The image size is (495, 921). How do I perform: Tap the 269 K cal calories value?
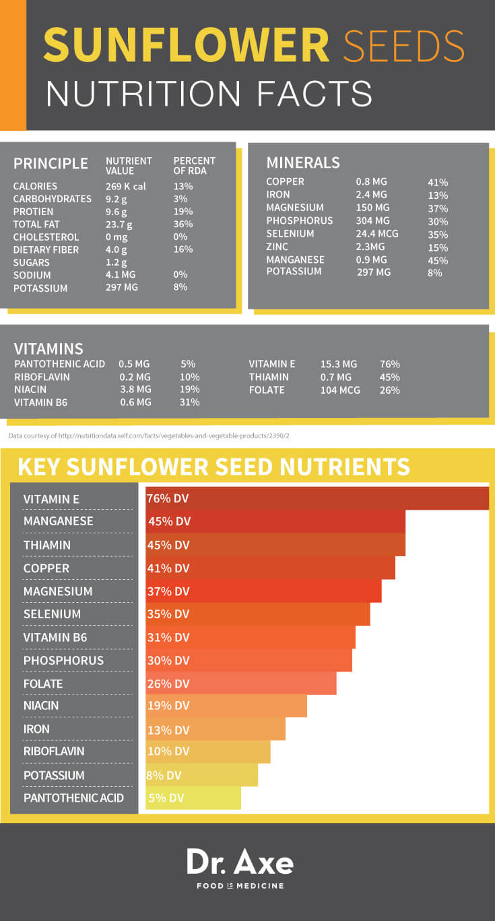tap(125, 186)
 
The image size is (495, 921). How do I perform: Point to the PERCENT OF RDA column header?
tap(194, 165)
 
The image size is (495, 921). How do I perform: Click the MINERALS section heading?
tap(302, 162)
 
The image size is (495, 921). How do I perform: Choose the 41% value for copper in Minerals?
tap(438, 182)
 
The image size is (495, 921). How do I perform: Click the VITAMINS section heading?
tap(48, 349)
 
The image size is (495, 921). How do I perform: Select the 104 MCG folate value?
tap(340, 390)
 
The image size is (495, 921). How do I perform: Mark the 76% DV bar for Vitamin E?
tap(317, 499)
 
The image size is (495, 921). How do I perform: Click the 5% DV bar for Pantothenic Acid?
tap(193, 798)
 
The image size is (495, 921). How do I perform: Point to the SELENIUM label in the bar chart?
tap(52, 614)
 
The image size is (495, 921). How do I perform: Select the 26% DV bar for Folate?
tap(241, 683)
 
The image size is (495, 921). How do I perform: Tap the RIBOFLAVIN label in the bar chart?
tap(54, 751)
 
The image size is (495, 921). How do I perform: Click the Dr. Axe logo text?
tap(240, 862)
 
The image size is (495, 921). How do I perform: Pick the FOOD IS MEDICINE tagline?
tap(240, 885)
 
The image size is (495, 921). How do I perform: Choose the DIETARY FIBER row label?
tap(46, 249)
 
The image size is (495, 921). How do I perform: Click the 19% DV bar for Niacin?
tap(226, 706)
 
